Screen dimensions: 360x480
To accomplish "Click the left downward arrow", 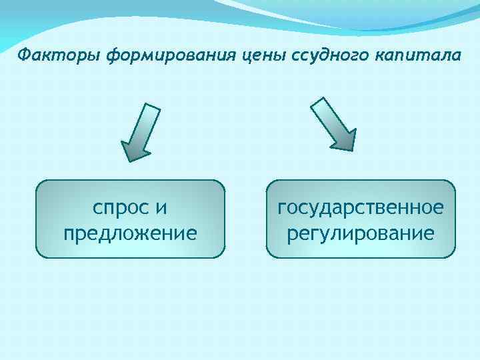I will click(x=141, y=133).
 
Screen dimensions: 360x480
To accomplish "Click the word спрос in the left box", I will click(x=119, y=209).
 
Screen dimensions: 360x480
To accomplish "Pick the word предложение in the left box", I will click(x=130, y=234).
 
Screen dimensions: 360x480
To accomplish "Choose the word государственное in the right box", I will click(x=361, y=209).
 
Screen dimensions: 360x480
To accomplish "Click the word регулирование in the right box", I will click(x=361, y=234).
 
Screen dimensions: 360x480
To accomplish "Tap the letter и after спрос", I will click(x=161, y=209).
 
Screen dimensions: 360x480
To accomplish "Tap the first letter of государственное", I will click(x=283, y=209).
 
